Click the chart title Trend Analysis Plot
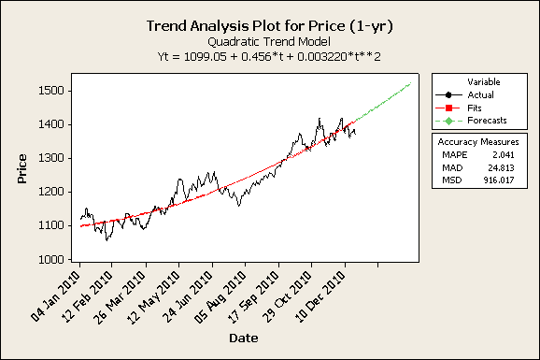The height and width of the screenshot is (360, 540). coord(269,26)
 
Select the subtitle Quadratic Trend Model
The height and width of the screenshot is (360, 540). coord(269,42)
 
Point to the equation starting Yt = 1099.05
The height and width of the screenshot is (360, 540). coord(269,57)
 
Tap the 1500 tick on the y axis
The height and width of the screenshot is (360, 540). coord(51,91)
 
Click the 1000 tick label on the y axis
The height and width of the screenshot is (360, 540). coord(51,259)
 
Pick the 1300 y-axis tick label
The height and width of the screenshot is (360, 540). coord(51,158)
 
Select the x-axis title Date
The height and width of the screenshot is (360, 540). coord(246,337)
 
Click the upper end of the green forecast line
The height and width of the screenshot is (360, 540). coord(410,84)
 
